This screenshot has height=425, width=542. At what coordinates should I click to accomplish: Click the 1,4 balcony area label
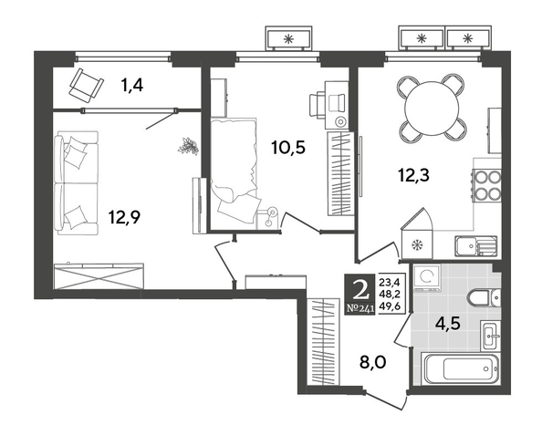(132, 86)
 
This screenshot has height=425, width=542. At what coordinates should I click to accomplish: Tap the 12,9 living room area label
(124, 217)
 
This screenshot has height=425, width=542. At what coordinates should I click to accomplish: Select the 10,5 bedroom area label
(288, 148)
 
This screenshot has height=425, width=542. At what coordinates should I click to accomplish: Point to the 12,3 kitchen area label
(413, 175)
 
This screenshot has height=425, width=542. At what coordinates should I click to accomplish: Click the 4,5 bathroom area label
(448, 325)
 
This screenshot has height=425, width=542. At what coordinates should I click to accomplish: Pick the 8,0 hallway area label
(372, 363)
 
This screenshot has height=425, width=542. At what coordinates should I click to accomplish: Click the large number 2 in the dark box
(360, 288)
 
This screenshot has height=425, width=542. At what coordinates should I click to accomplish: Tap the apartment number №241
(360, 308)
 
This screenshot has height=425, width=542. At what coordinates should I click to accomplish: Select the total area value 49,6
(390, 306)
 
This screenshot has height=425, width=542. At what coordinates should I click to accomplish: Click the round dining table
(432, 109)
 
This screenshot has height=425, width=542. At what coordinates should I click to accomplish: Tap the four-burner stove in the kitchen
(486, 185)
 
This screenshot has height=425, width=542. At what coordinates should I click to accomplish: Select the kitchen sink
(476, 245)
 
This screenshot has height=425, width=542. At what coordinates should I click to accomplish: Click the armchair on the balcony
(87, 85)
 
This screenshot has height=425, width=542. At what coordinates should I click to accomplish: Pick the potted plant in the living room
(188, 147)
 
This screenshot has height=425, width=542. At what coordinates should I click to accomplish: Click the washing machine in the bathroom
(428, 277)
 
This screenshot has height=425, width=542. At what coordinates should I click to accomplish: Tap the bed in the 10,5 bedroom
(234, 173)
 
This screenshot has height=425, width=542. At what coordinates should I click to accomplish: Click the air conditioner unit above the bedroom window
(288, 38)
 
